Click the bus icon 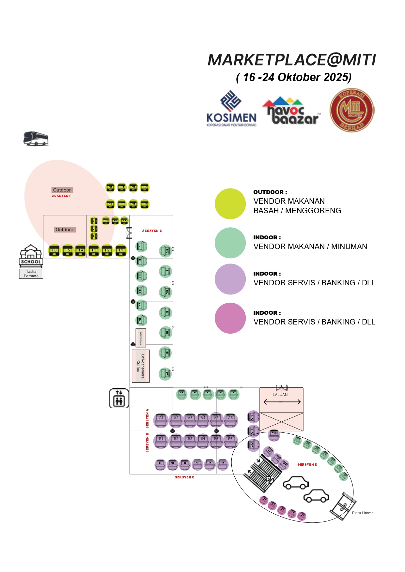coord(36,139)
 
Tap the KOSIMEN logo coord(231,109)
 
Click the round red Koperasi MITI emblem coord(352,110)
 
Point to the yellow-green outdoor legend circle coord(230,204)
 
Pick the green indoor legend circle coord(230,243)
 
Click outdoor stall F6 coord(55,250)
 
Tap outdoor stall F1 coord(121,250)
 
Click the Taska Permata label coord(31,274)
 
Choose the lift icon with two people coord(119,398)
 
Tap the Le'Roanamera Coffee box coord(141,366)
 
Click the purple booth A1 coord(161,420)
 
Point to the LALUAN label coord(280,395)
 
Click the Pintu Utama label coord(363,513)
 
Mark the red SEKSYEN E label coord(152,231)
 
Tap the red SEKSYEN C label coord(184,477)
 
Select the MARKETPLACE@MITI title coord(292,60)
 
